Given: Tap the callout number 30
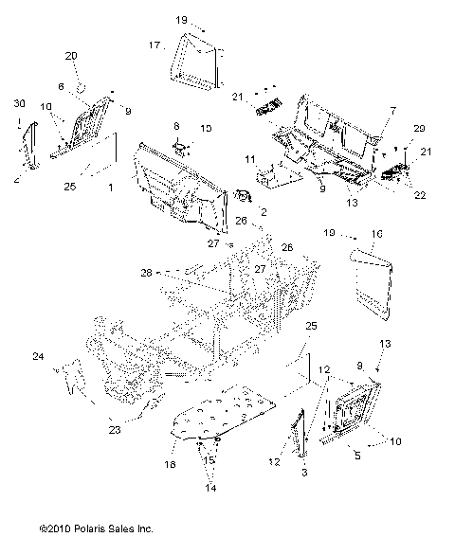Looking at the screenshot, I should click(x=18, y=101).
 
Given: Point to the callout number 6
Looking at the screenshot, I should click(x=61, y=86).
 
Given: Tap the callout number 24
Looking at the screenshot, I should click(x=38, y=357).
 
